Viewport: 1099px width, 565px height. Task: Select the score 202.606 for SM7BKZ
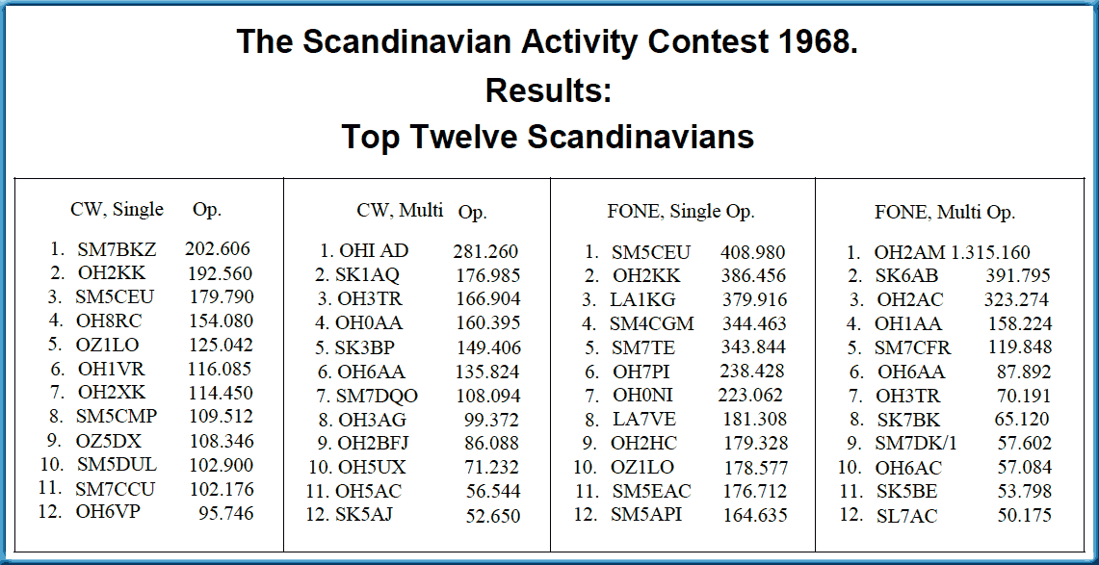click(218, 248)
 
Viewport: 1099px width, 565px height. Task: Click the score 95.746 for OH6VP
click(224, 512)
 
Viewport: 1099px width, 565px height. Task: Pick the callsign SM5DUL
click(118, 465)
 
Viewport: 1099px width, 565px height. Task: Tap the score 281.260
click(485, 250)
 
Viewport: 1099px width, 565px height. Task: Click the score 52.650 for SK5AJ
click(492, 516)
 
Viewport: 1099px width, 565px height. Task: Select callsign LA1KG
click(642, 299)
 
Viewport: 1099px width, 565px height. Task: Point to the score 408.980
click(753, 252)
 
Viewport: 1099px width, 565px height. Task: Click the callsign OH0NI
click(642, 395)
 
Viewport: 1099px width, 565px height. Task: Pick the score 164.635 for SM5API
click(755, 515)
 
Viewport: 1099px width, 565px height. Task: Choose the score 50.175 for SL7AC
click(1024, 515)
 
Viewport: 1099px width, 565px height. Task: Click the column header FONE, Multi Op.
click(945, 212)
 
